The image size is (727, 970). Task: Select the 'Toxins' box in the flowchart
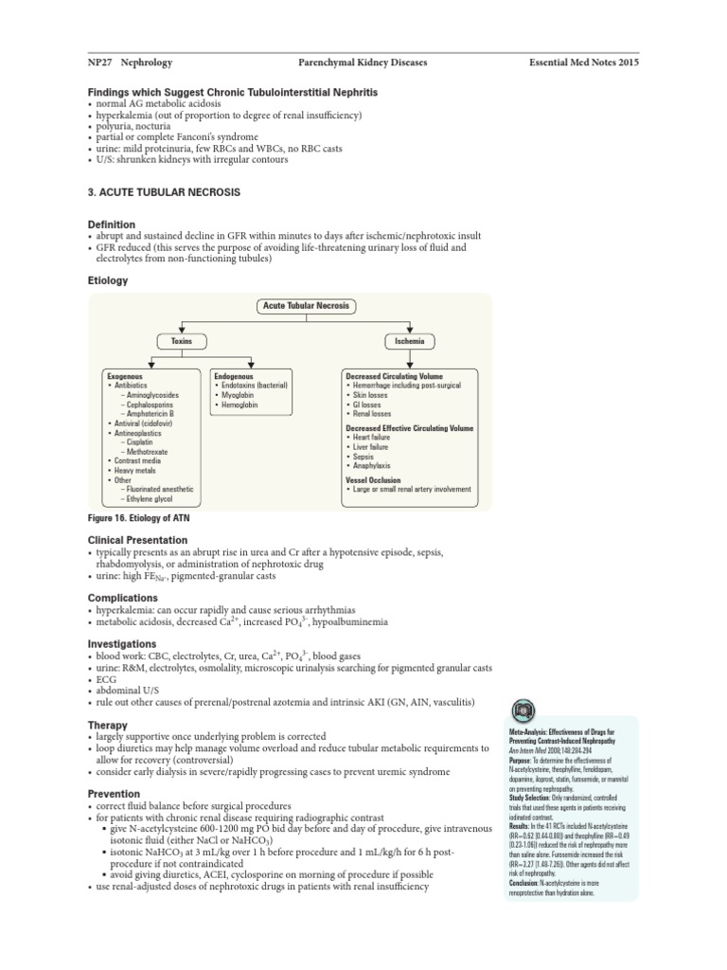click(x=181, y=340)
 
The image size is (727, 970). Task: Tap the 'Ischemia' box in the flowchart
click(x=410, y=340)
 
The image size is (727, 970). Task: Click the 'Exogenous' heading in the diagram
click(x=125, y=376)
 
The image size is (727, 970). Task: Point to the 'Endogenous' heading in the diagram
click(x=234, y=376)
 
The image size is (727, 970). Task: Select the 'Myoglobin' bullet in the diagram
click(x=239, y=395)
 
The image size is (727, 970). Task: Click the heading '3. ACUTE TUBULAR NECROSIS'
click(x=164, y=192)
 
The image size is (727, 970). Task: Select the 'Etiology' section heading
click(x=108, y=281)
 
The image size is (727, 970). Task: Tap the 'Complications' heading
click(x=122, y=598)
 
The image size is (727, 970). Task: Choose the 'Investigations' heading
click(x=123, y=643)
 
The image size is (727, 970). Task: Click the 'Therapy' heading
click(x=107, y=725)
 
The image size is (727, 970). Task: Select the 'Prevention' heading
click(x=114, y=794)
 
